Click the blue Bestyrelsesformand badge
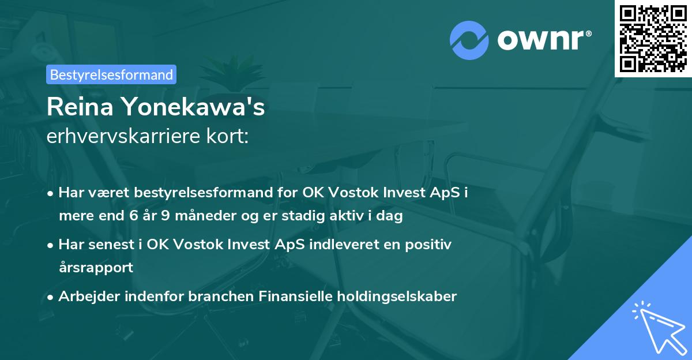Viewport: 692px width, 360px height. [111, 74]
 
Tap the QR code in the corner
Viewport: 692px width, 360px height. [653, 39]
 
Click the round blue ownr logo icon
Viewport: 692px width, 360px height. [469, 40]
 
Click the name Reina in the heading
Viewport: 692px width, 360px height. [80, 107]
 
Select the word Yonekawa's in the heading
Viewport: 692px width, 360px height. [194, 107]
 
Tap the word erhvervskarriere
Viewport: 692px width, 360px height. [123, 136]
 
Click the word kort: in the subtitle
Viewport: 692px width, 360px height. [227, 136]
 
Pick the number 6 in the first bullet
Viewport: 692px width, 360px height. [133, 215]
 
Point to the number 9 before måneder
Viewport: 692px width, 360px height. [166, 215]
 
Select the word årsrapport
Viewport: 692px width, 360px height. [96, 268]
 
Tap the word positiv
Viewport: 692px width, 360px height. [428, 245]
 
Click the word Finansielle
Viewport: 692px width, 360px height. [295, 296]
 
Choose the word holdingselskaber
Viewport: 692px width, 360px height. [397, 297]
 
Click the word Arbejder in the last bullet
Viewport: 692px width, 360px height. [89, 297]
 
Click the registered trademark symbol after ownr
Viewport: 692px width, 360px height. [589, 33]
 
